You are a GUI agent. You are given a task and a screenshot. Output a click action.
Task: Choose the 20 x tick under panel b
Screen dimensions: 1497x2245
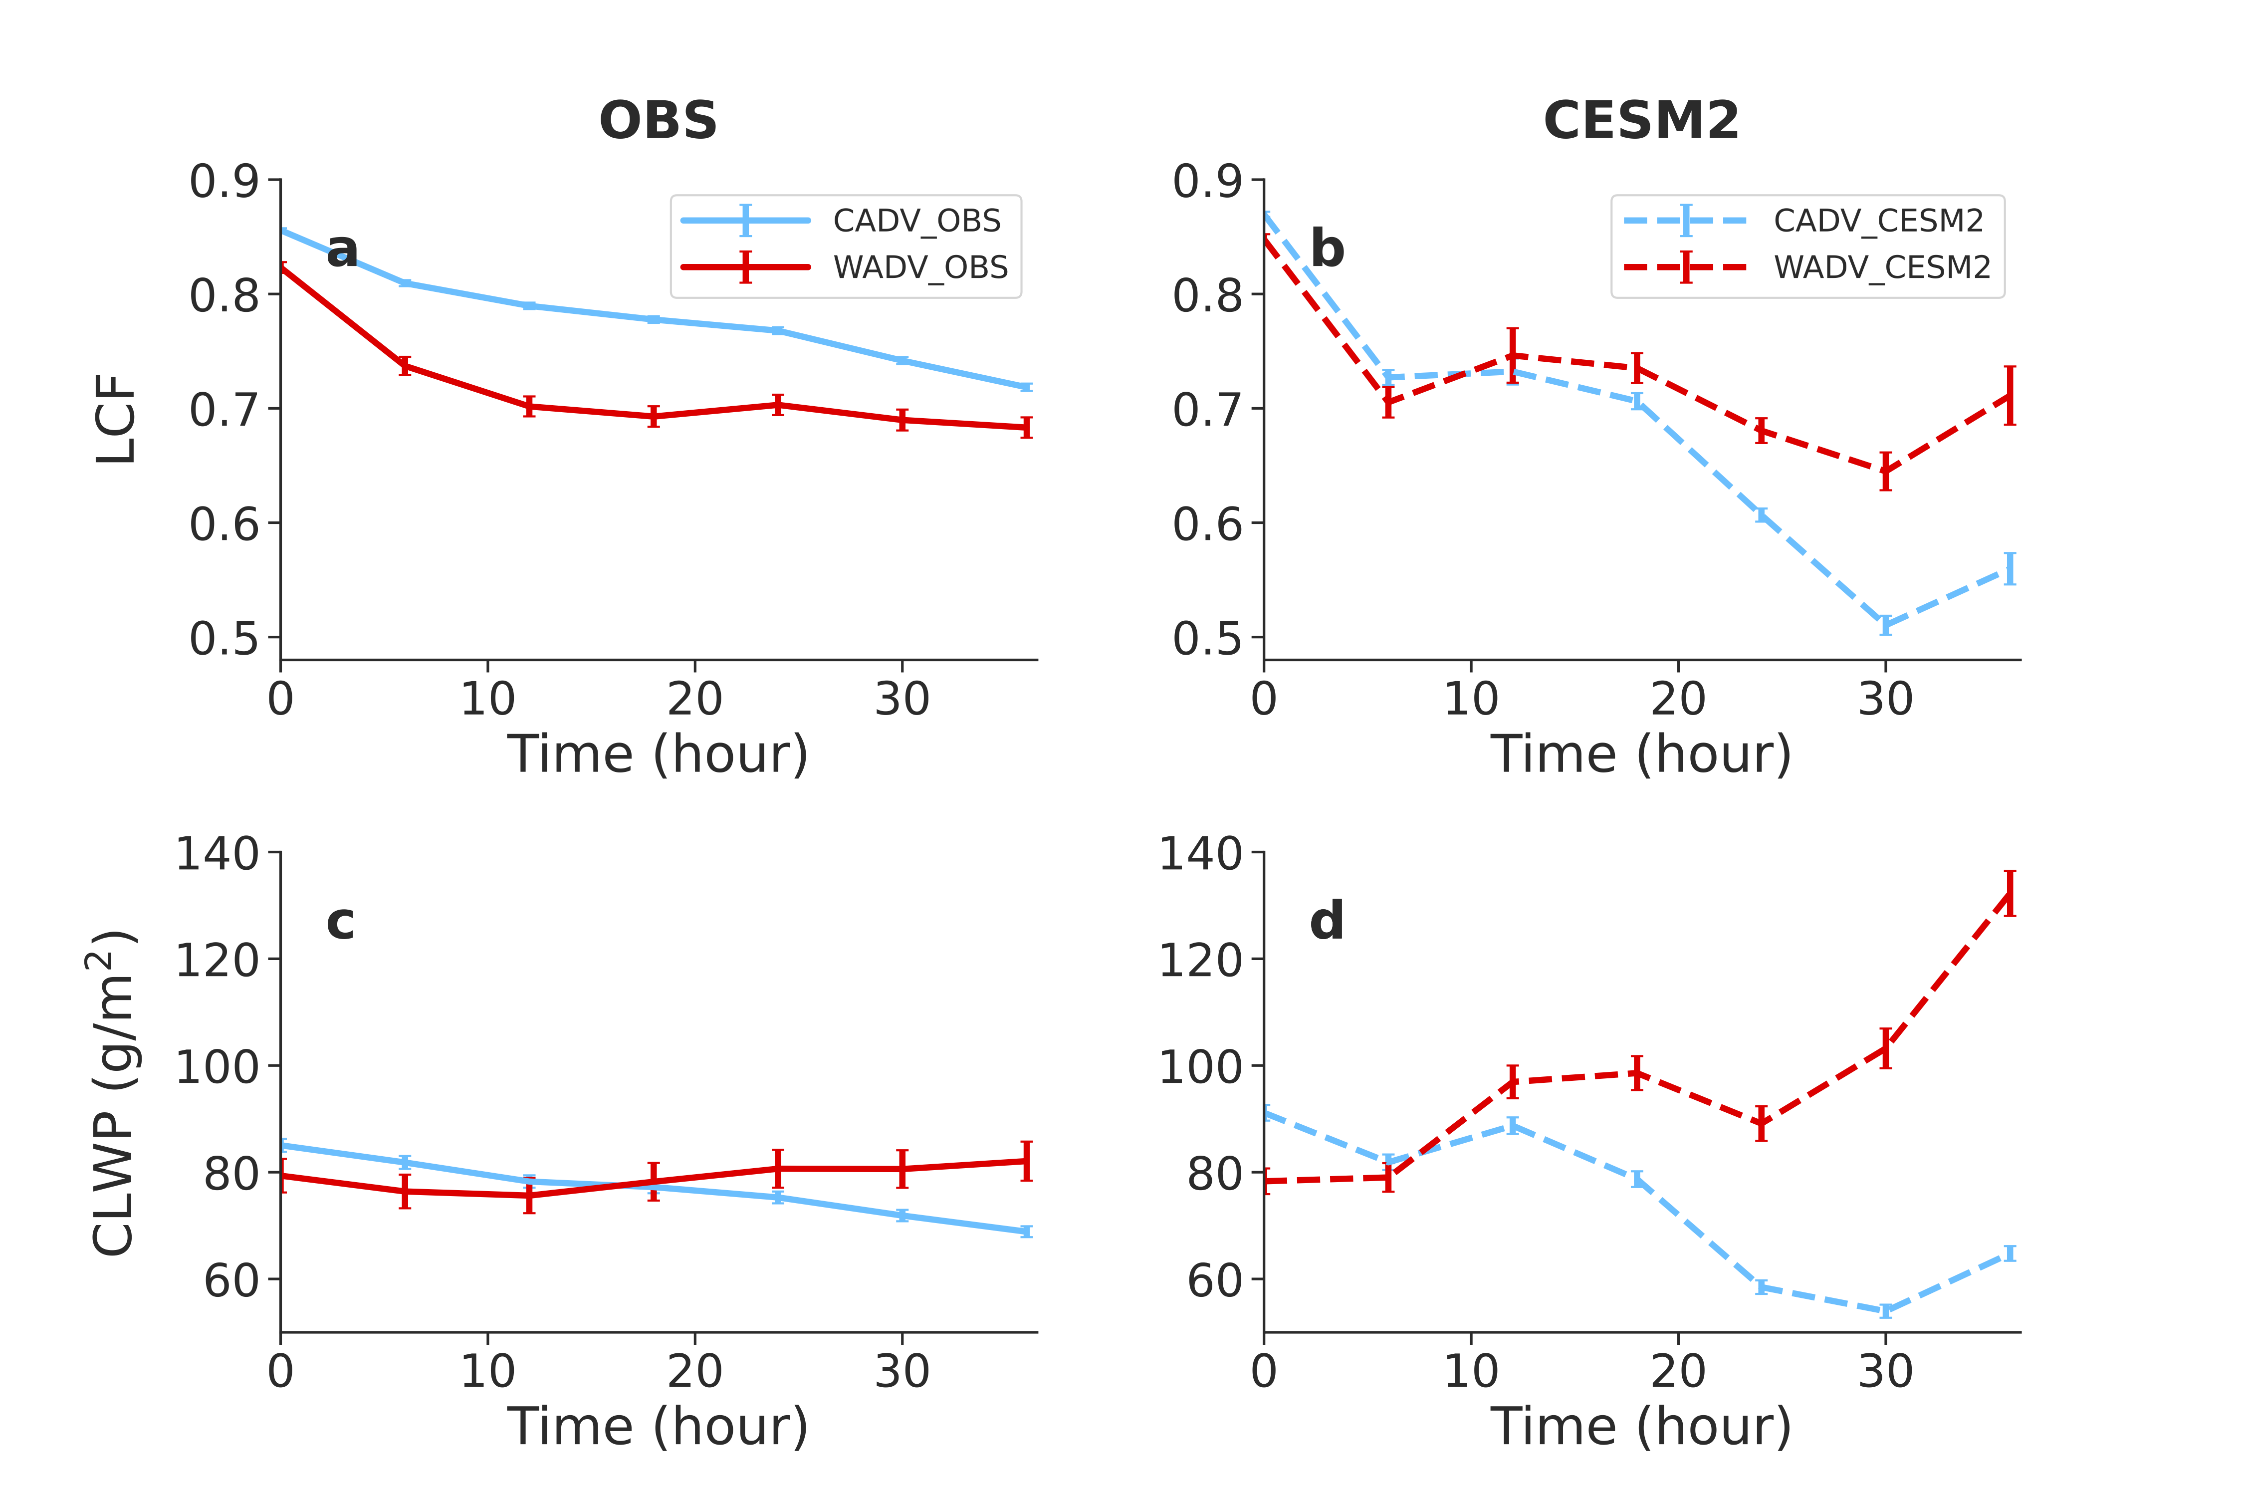(x=1678, y=699)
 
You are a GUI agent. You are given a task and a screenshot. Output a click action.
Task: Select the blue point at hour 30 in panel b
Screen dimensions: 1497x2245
(x=1885, y=625)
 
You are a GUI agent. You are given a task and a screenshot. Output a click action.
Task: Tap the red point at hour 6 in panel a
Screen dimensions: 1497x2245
(x=405, y=366)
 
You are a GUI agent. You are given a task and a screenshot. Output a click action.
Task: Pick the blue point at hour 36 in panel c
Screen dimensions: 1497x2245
(x=1026, y=1232)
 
